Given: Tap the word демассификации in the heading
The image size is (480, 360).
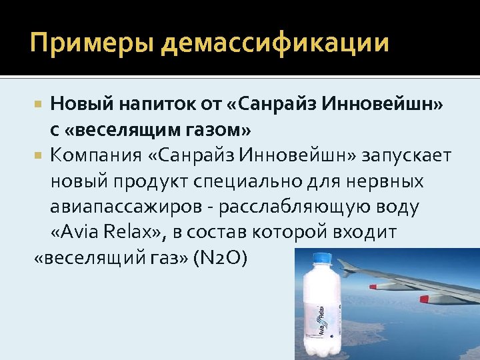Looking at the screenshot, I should [x=275, y=44].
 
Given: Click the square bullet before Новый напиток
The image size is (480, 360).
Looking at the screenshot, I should [x=39, y=105].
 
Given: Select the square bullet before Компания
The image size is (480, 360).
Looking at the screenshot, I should [x=39, y=156].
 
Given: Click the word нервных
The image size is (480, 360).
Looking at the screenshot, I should [x=389, y=181].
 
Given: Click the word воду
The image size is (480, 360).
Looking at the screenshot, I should [x=397, y=207].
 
